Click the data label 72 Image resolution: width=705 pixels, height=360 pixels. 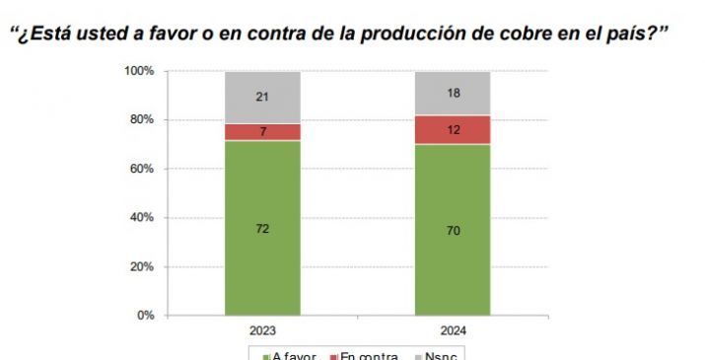pos(262,229)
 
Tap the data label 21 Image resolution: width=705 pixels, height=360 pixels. pos(262,97)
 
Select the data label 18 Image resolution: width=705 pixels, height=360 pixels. pos(453,94)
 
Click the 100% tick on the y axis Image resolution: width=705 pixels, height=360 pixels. pos(139,72)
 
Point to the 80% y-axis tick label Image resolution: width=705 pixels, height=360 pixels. pos(142,120)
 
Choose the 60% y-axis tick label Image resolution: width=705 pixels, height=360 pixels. pos(142,170)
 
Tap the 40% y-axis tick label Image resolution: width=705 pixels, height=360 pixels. pos(142,218)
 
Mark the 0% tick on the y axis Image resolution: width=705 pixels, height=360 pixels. pos(145,316)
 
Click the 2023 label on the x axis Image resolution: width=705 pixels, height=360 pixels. pos(262,331)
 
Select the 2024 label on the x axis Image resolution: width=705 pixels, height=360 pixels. pos(453,331)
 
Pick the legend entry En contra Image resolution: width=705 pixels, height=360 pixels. pos(369,355)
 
